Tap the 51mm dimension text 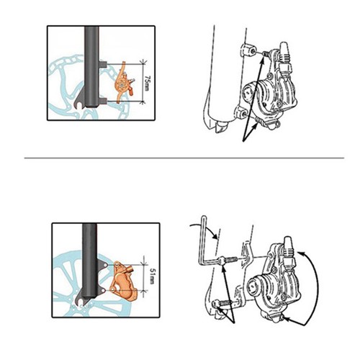(x=152, y=276)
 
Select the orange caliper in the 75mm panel (x=124, y=83)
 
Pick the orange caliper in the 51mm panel (x=123, y=280)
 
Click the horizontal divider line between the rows (x=184, y=158)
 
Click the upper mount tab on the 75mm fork (x=102, y=64)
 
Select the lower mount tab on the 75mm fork (x=102, y=101)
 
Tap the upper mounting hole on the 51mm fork (x=105, y=265)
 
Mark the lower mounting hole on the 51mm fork (x=103, y=290)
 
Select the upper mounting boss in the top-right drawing (x=248, y=50)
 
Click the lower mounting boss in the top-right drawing (x=240, y=112)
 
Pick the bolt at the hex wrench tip (x=228, y=259)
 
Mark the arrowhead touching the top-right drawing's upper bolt (x=263, y=58)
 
